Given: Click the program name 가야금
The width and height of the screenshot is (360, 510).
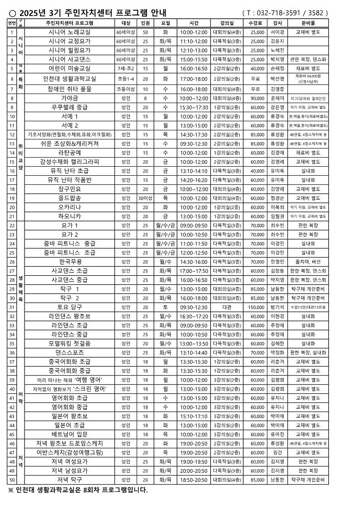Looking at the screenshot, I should pos(69,98).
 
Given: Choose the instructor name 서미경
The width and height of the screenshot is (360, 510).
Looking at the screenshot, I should pos(277,32).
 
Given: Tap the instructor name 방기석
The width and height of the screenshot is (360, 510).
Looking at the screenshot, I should pos(277,307).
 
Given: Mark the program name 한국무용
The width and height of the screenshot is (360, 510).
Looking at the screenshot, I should pos(69,262).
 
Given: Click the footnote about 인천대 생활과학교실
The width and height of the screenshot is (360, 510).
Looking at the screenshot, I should pos(78,490).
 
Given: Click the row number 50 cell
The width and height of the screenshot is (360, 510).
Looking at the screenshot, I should pos(12,480).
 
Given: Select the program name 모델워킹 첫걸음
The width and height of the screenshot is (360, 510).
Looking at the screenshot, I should pos(69,343).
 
